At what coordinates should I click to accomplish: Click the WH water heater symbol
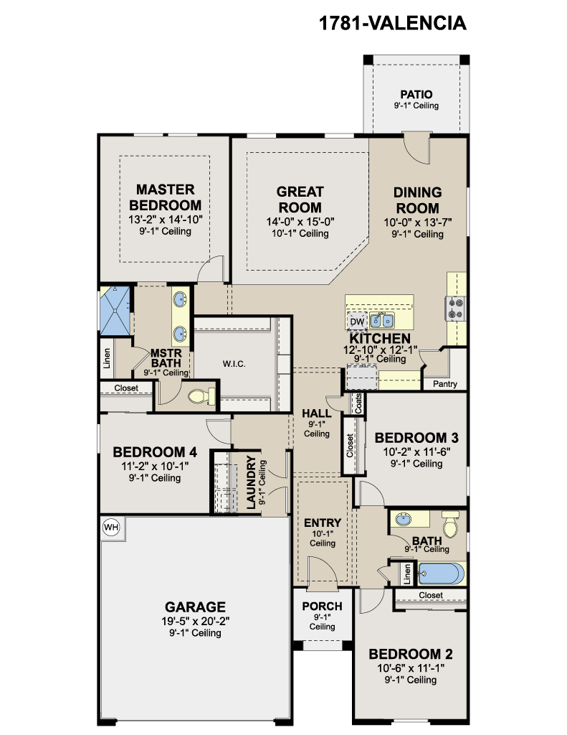111,528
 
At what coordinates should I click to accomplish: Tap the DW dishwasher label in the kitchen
357,322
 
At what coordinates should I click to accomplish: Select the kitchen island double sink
381,321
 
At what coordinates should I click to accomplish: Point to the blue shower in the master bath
115,310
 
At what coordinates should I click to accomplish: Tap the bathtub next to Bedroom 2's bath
442,574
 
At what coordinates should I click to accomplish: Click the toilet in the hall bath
450,524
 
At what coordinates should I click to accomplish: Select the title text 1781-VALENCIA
392,23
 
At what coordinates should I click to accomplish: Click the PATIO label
416,94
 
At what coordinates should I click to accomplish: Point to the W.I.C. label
234,364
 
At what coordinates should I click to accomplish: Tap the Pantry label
445,384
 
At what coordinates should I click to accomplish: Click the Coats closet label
358,403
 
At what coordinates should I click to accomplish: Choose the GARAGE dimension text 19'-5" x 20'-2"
195,622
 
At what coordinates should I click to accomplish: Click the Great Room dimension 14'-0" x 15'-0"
300,222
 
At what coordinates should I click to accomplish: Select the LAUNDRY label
252,482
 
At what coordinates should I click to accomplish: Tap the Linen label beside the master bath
107,358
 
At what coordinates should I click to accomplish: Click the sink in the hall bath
403,519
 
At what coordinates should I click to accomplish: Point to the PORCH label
322,606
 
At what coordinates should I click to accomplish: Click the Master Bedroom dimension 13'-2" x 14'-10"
166,220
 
